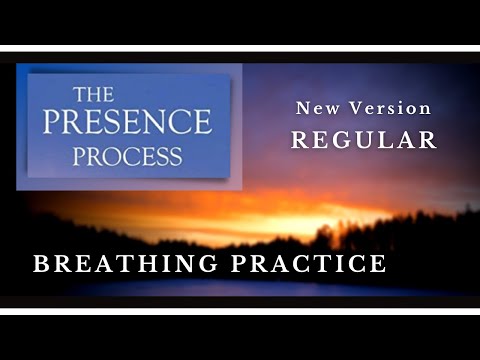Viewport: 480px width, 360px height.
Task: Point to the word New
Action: [317, 108]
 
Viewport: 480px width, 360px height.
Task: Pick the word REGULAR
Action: [364, 139]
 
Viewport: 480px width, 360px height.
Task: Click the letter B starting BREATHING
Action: [41, 264]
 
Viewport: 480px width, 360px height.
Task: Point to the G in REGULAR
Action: [341, 139]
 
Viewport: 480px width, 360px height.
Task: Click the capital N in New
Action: [303, 108]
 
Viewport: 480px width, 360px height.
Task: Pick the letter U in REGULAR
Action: [365, 139]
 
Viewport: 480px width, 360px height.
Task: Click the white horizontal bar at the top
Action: [240, 47]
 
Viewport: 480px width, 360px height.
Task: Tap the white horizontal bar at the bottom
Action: [240, 311]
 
